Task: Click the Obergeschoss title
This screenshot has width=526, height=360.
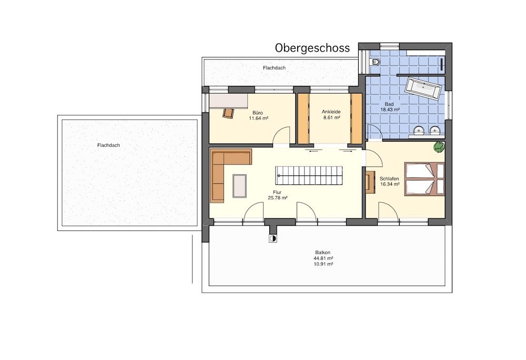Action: pos(312,48)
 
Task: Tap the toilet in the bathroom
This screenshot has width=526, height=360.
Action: pos(376,62)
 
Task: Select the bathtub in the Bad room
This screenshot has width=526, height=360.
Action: pos(423,88)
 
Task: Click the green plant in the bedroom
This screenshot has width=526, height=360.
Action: pos(439,147)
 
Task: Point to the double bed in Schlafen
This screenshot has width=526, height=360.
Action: pos(424,179)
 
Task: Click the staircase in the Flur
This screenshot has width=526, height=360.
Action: pos(309,176)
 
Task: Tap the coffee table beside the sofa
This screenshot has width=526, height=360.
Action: pos(240,186)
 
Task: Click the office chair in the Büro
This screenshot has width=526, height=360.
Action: pos(228,113)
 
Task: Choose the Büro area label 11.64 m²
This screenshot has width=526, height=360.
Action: pos(258,118)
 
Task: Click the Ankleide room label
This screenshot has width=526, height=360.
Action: pos(331,111)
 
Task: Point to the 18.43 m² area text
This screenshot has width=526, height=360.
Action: pos(389,110)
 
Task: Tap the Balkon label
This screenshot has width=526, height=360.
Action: pos(323,252)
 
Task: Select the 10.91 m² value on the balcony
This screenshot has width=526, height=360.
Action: pos(323,264)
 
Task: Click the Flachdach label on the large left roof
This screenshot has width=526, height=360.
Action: pos(108,145)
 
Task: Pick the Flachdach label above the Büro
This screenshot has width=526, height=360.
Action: pos(275,68)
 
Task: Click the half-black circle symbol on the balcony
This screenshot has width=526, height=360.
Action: pos(272,238)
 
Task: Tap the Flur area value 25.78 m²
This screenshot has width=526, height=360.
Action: pos(277,198)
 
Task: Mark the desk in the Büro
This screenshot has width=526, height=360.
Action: pos(229,100)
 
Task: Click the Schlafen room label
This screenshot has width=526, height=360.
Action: pos(389,179)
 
